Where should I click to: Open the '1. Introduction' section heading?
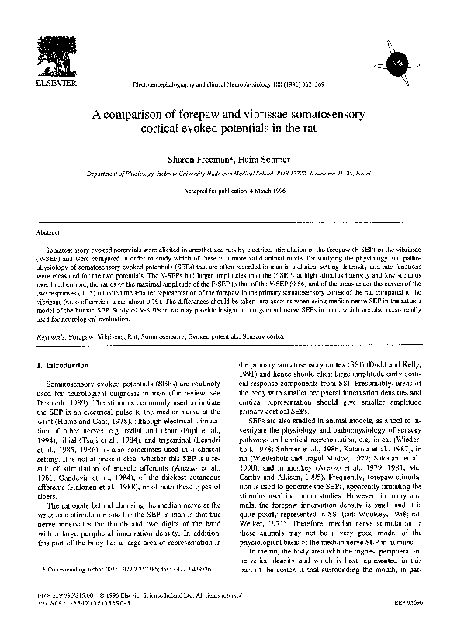pos(68,364)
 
